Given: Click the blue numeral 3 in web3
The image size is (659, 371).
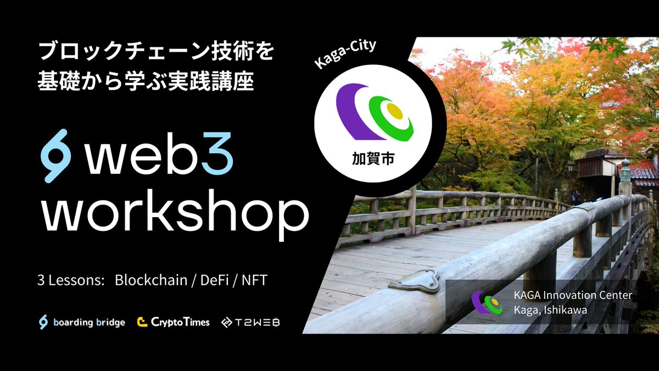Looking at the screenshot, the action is click(x=217, y=153).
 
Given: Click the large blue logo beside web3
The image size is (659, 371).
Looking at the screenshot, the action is click(x=55, y=156).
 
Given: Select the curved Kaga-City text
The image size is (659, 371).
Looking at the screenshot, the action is click(x=345, y=53).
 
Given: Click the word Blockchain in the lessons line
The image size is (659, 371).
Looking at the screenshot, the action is click(x=151, y=280).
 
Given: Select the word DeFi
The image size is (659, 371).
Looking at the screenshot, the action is click(x=215, y=280).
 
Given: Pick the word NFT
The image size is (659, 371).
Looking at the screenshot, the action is click(x=254, y=280).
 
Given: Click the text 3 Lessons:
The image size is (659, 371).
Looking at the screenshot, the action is click(x=71, y=280).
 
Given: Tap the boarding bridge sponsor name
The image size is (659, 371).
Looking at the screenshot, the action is click(x=89, y=323).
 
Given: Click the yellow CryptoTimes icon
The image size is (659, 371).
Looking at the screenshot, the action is click(x=142, y=322).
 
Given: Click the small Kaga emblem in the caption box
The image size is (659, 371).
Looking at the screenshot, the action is click(x=487, y=302).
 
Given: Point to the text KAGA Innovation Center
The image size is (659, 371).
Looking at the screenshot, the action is click(x=573, y=295).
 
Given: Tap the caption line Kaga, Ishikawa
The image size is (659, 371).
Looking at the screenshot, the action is click(x=550, y=310).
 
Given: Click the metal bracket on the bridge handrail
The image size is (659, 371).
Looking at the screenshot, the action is click(x=415, y=281).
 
